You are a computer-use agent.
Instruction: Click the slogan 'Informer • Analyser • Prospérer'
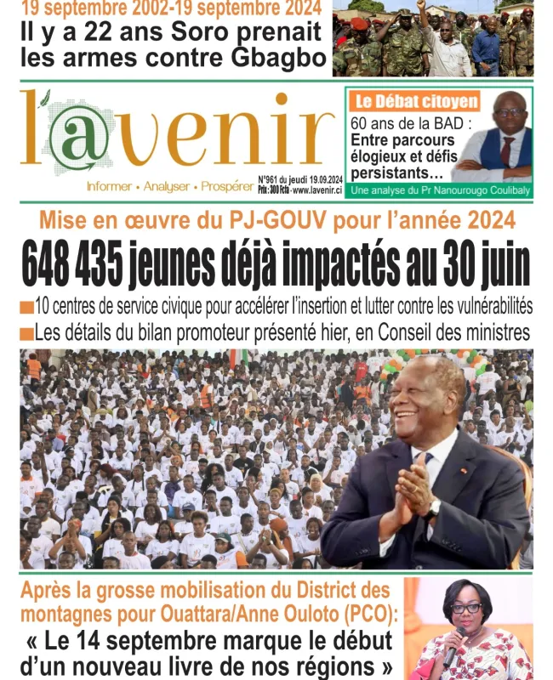pos(163,186)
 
